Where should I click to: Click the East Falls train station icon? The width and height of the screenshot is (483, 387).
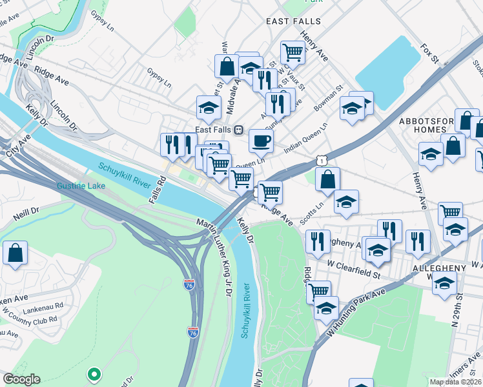pyautogui.click(x=238, y=130)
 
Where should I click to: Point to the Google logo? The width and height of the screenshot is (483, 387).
pyautogui.click(x=21, y=379)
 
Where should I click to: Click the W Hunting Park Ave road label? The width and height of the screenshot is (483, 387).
pyautogui.click(x=355, y=312)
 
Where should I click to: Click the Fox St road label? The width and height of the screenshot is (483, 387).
pyautogui.click(x=429, y=54)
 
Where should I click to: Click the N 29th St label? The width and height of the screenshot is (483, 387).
pyautogui.click(x=460, y=301)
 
